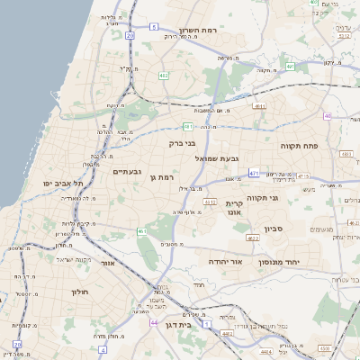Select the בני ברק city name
(x=182, y=142)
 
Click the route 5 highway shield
(x=154, y=27)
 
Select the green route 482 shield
(x=164, y=76)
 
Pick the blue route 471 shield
(x=255, y=172)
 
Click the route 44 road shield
(x=154, y=321)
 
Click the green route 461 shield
(x=142, y=231)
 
